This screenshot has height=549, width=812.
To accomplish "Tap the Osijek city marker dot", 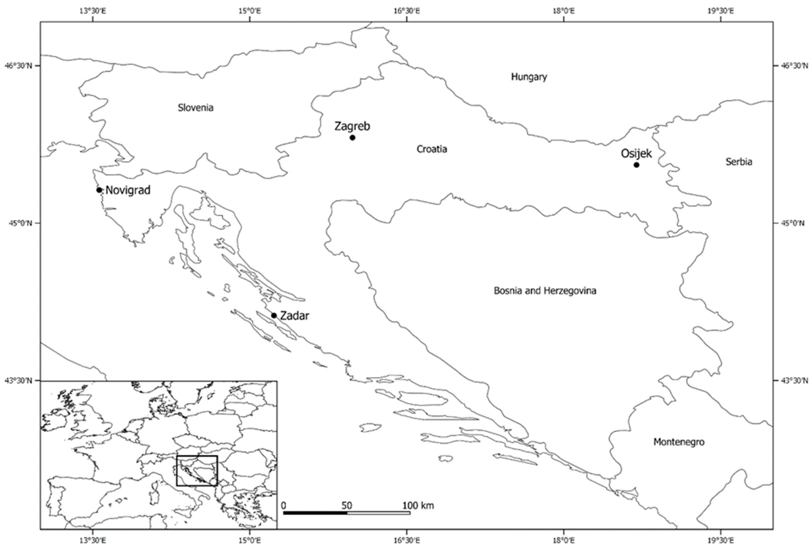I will pyautogui.click(x=636, y=165).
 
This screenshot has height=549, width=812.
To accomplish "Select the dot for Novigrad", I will pyautogui.click(x=99, y=190).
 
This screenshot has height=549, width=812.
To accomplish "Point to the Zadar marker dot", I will pyautogui.click(x=274, y=316).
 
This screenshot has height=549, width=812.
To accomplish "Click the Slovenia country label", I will pyautogui.click(x=195, y=107).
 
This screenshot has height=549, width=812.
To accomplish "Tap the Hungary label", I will pyautogui.click(x=529, y=77).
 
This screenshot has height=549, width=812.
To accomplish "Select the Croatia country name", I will pyautogui.click(x=431, y=149).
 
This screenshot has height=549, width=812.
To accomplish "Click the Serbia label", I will pyautogui.click(x=739, y=162).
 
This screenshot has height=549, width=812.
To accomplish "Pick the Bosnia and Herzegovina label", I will pyautogui.click(x=545, y=291).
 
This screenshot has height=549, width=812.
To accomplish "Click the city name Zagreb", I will pyautogui.click(x=352, y=126).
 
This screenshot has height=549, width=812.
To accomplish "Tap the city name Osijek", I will pyautogui.click(x=636, y=154).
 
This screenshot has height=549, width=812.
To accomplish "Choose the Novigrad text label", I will pyautogui.click(x=128, y=190).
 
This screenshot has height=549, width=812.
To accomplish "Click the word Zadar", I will pyautogui.click(x=295, y=316).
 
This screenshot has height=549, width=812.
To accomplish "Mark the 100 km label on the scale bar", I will pyautogui.click(x=418, y=505).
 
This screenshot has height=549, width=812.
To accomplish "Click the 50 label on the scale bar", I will pyautogui.click(x=347, y=506).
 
